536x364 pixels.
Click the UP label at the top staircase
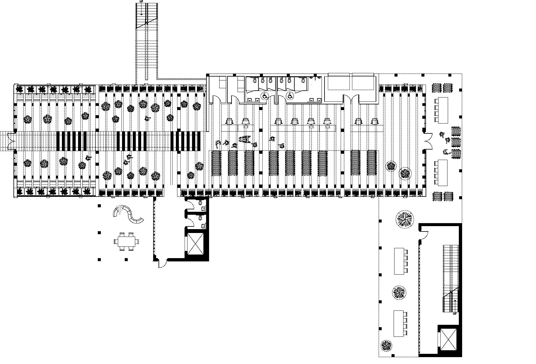tap(141, 1)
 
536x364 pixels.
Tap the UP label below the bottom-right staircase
tap(455, 313)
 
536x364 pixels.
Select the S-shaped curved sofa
tap(128, 214)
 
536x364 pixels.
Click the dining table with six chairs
tap(127, 241)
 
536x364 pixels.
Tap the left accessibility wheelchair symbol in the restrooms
tap(265, 96)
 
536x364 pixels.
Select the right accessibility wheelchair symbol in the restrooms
tap(290, 96)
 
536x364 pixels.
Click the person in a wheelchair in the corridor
tap(244, 139)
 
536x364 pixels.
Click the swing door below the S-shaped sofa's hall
tap(162, 263)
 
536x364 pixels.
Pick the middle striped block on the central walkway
tap(131, 141)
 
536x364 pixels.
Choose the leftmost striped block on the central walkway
tap(72, 141)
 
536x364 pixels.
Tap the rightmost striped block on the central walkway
tap(185, 141)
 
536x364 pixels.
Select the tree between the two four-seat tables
tap(399, 292)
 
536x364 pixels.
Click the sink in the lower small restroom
tap(203, 225)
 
